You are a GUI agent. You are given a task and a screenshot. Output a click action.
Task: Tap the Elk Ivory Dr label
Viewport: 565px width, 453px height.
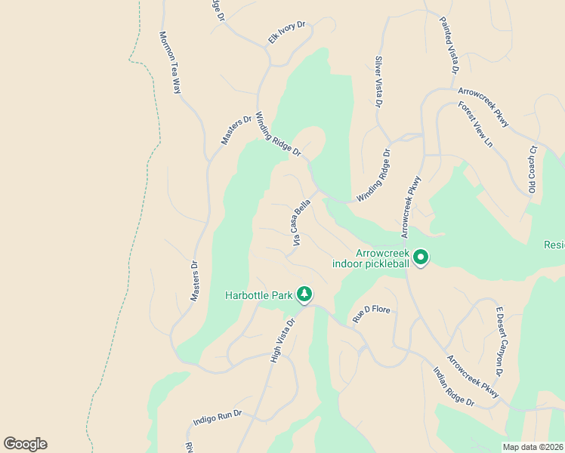286,33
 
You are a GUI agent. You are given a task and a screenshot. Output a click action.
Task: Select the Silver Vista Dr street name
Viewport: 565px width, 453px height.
378,82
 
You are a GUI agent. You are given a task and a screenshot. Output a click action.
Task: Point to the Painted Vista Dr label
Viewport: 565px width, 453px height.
449,46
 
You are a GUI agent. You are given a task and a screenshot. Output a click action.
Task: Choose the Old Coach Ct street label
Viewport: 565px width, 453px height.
532,168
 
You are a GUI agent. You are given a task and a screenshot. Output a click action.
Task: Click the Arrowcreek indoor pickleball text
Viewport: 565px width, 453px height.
371,258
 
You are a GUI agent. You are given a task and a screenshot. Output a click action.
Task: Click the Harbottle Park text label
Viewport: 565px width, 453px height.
258,294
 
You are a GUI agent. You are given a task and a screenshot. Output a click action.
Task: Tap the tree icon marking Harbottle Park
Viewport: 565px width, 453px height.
304,293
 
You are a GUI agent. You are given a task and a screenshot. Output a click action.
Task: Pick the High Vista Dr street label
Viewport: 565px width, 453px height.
281,339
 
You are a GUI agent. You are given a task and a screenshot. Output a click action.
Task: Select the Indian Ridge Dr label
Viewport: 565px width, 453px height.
453,387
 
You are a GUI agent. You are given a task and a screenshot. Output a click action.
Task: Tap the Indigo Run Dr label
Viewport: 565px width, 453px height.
217,418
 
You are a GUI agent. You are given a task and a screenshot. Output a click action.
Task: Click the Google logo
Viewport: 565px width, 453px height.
25,444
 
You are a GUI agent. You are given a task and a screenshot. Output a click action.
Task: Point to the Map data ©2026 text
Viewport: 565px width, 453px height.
533,447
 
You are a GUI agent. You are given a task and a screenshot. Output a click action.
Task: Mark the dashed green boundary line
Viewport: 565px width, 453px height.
143,189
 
